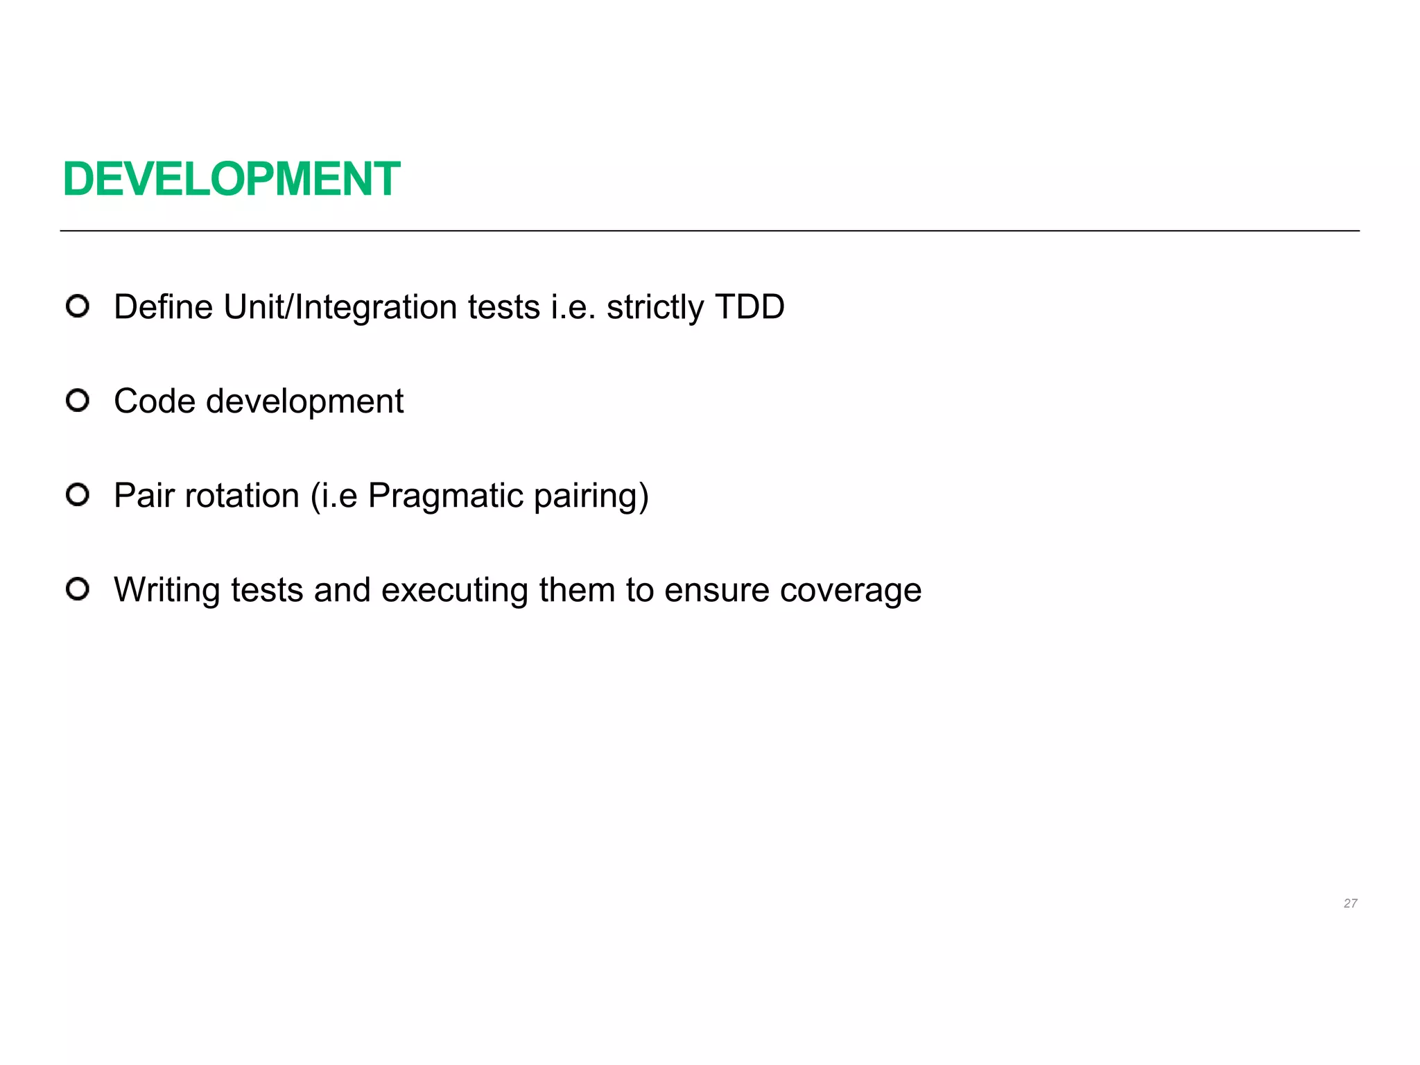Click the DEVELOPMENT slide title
pos(232,179)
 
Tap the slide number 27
pos(1350,903)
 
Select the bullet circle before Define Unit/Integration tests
pos(78,306)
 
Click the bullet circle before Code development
pos(78,401)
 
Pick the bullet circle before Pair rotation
pos(78,495)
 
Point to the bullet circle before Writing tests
pos(78,589)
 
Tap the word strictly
pos(655,308)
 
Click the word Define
pos(163,306)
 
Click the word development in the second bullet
pos(305,402)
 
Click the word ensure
pos(717,591)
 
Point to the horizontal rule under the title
pos(709,231)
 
